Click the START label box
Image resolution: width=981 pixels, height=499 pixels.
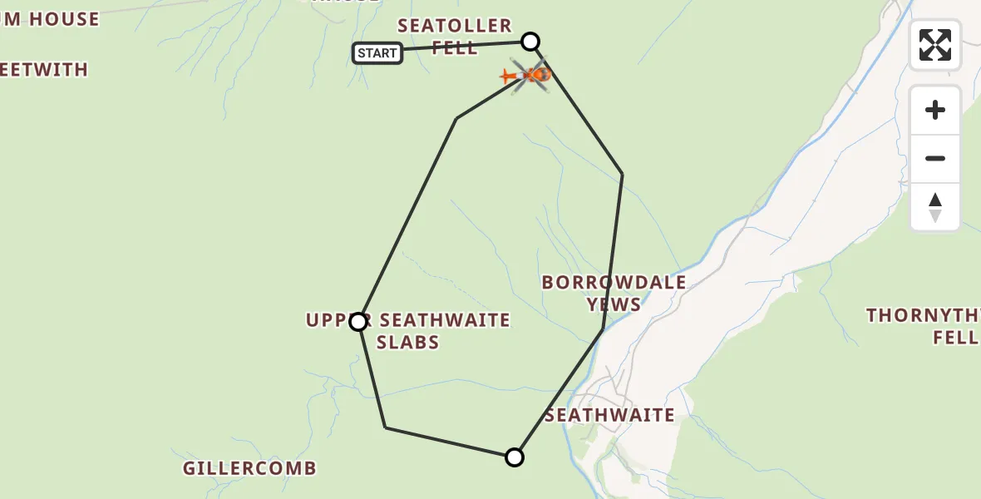377,53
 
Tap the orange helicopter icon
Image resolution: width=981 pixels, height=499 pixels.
527,76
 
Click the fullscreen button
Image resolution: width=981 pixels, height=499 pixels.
935,45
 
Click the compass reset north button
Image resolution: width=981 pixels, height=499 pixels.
935,207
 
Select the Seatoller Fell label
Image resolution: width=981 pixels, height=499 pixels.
455,37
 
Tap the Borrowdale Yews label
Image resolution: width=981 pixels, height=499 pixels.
614,293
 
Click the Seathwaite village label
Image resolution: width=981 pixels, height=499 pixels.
609,415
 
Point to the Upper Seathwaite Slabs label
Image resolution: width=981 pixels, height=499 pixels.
408,331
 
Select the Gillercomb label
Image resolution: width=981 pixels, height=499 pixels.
250,468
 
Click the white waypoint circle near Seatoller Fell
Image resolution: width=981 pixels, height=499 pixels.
530,41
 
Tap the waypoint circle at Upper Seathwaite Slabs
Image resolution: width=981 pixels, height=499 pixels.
358,322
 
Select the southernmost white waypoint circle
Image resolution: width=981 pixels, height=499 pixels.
515,457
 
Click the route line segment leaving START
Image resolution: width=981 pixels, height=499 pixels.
466,47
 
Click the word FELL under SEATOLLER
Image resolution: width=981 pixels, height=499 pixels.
455,48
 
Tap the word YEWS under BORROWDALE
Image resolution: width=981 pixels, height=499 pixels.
614,304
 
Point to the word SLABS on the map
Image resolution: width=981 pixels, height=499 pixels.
407,343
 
